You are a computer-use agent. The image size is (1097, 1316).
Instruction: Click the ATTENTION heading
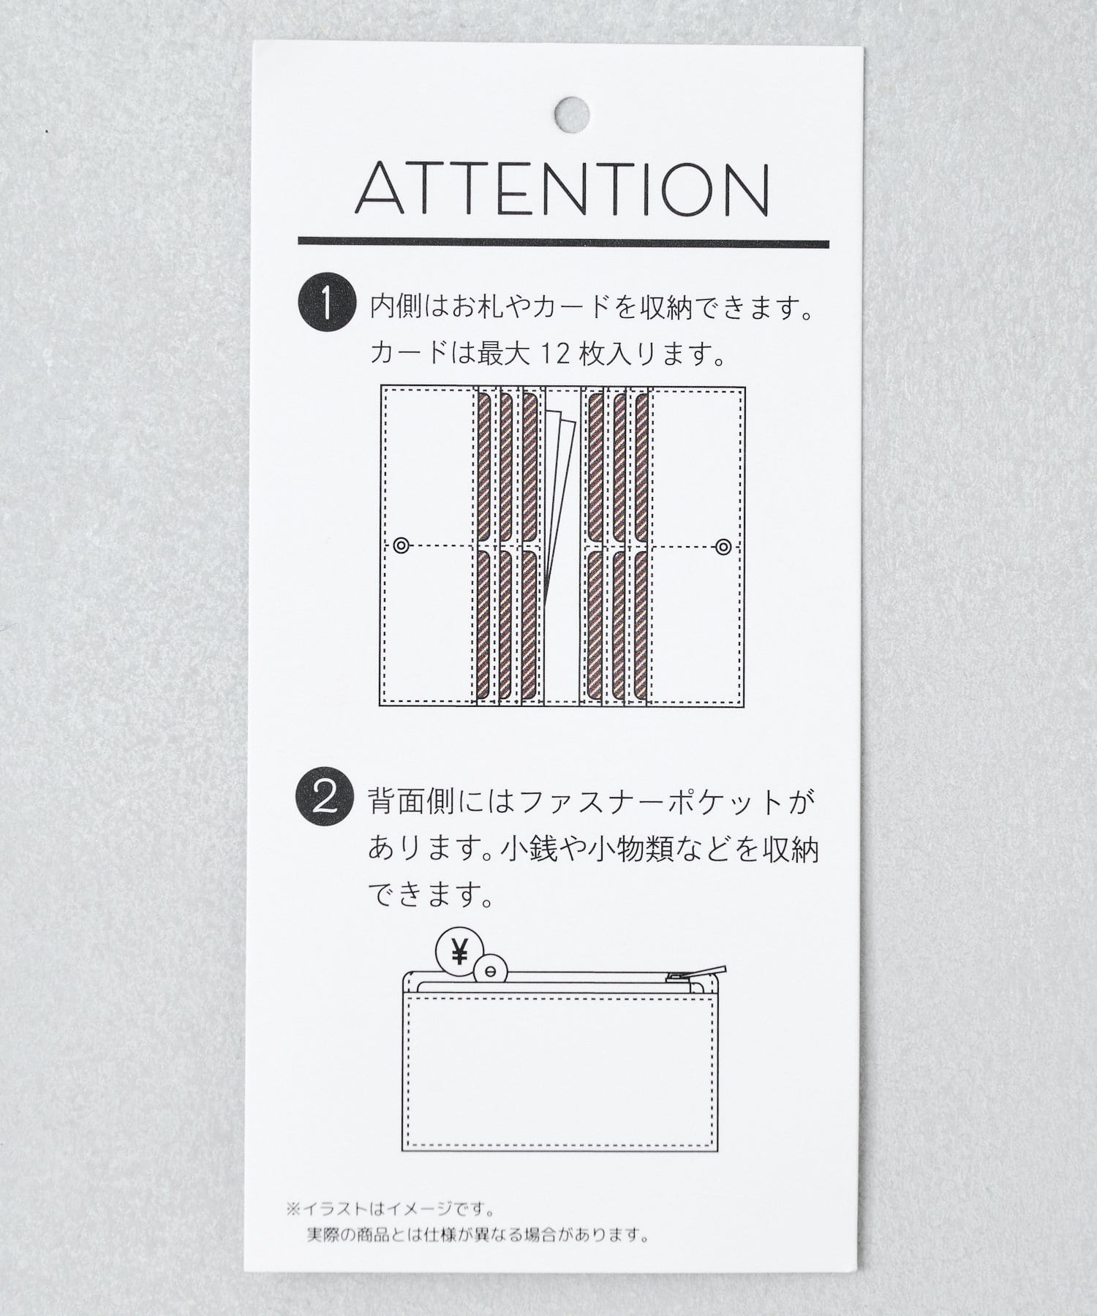point(562,189)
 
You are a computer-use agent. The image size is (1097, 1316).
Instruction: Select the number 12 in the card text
point(555,354)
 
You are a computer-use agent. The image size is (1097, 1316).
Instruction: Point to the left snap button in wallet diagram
point(400,545)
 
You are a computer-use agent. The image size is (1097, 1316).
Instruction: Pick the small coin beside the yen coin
point(489,970)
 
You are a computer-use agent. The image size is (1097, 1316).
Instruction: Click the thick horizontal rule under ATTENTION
point(563,242)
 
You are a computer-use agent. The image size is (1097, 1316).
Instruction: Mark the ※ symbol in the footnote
point(293,1209)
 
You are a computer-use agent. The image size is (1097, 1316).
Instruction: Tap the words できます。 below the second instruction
point(431,893)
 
